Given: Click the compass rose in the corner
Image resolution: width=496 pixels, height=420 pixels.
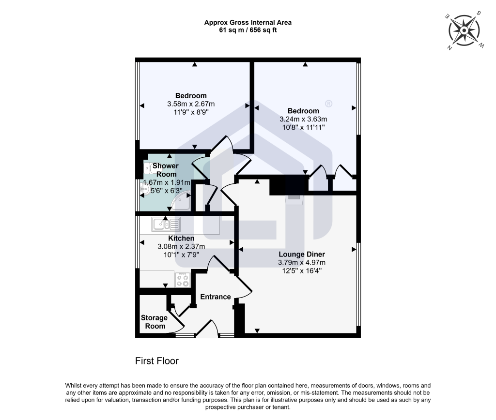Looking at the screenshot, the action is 464,30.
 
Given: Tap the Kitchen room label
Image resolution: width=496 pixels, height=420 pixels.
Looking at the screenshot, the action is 181,238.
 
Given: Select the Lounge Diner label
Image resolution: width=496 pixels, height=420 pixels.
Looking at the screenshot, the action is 302,255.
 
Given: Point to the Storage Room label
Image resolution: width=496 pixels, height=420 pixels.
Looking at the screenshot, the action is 155,322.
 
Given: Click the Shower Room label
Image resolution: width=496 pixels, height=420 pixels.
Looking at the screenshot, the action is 166,170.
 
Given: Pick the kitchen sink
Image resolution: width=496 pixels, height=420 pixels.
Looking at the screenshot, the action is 166,224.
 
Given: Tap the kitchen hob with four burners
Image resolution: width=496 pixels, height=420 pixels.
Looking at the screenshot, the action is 183,280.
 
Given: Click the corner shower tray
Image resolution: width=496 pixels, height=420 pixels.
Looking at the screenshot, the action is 181,201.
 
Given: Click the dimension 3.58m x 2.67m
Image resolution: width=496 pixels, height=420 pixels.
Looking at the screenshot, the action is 191,104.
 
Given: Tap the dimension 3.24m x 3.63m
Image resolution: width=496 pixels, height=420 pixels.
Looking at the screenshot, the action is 303,119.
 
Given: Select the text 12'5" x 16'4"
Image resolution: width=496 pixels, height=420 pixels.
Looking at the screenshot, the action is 302,271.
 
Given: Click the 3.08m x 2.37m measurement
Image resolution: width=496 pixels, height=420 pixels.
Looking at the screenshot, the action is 181,246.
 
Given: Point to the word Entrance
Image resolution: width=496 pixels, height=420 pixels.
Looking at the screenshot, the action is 216,297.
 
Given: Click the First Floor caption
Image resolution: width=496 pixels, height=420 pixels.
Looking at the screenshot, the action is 157,361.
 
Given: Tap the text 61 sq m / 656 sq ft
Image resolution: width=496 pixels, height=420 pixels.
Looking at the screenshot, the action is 248,30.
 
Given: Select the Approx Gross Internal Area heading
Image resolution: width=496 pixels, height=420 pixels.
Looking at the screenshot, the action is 248,22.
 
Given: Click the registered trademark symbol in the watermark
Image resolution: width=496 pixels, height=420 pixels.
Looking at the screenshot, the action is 329,104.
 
